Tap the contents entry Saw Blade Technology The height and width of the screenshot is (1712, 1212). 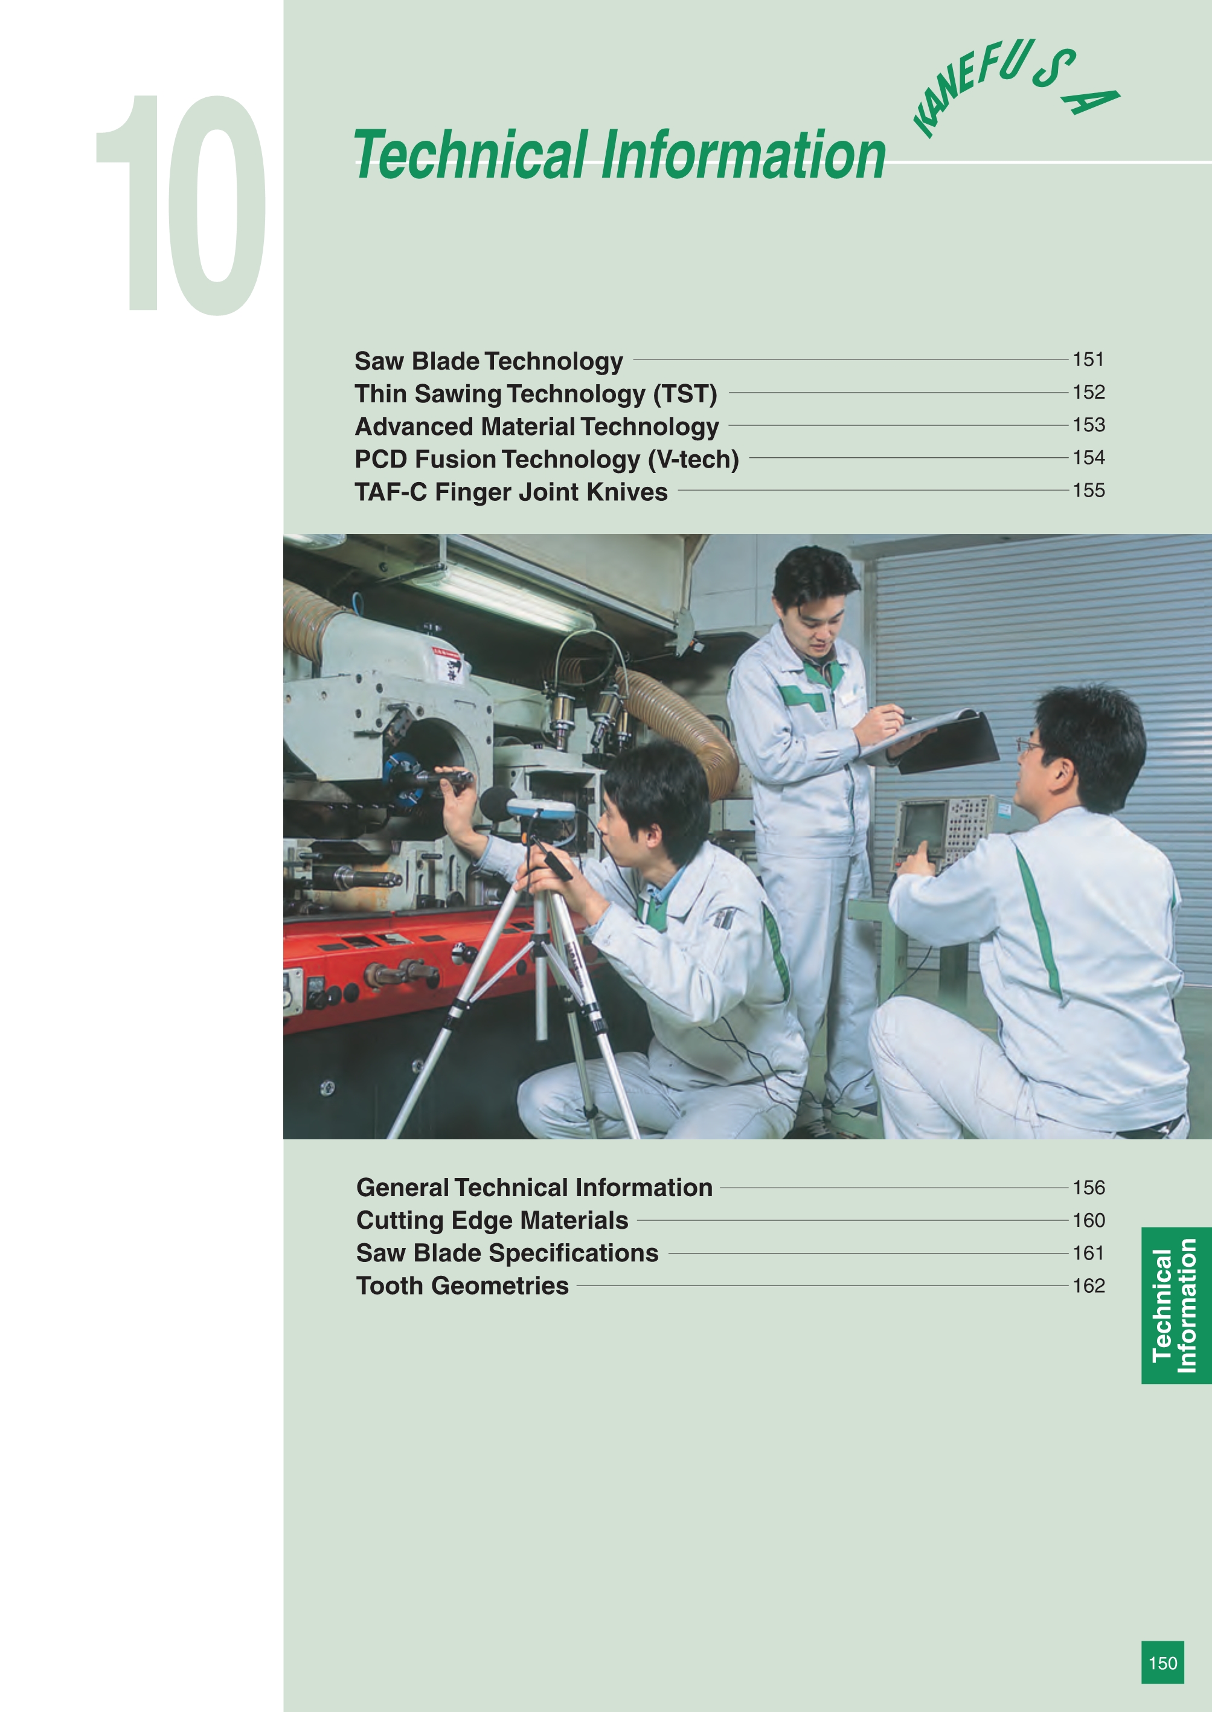coord(488,361)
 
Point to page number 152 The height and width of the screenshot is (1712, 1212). coord(1088,392)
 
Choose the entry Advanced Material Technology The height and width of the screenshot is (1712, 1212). coord(537,426)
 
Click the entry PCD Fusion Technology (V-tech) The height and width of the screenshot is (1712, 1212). coord(547,459)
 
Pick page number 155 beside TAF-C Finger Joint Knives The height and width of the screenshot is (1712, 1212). coord(1088,491)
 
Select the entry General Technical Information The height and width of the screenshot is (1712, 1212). coord(534,1187)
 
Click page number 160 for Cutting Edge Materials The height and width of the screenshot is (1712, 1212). coord(1088,1220)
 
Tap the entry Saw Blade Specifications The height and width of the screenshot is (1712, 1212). coord(507,1253)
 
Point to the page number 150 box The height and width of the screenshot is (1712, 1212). coord(1162,1662)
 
